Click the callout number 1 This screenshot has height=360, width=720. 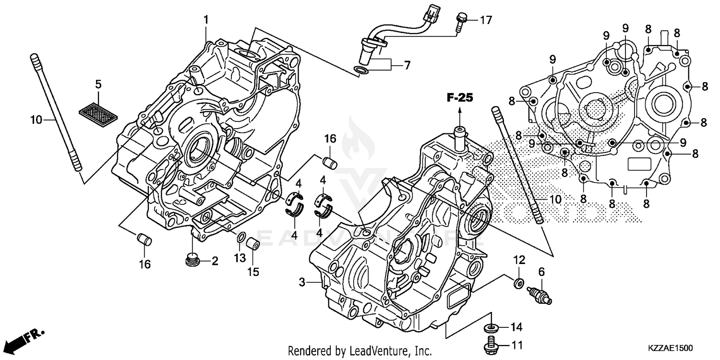click(x=206, y=20)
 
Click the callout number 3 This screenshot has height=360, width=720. click(x=302, y=283)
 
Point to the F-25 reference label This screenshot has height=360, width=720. click(x=459, y=98)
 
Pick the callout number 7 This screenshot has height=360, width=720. click(x=407, y=65)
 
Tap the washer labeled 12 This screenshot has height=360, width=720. click(x=518, y=284)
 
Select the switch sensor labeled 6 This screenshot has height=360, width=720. click(x=540, y=295)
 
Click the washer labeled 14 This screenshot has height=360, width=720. click(x=491, y=328)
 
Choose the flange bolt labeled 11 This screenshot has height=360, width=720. click(x=491, y=344)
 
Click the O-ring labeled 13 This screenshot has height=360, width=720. click(x=242, y=238)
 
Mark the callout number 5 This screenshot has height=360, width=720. click(x=98, y=84)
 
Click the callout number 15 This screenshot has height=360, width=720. click(x=253, y=272)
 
